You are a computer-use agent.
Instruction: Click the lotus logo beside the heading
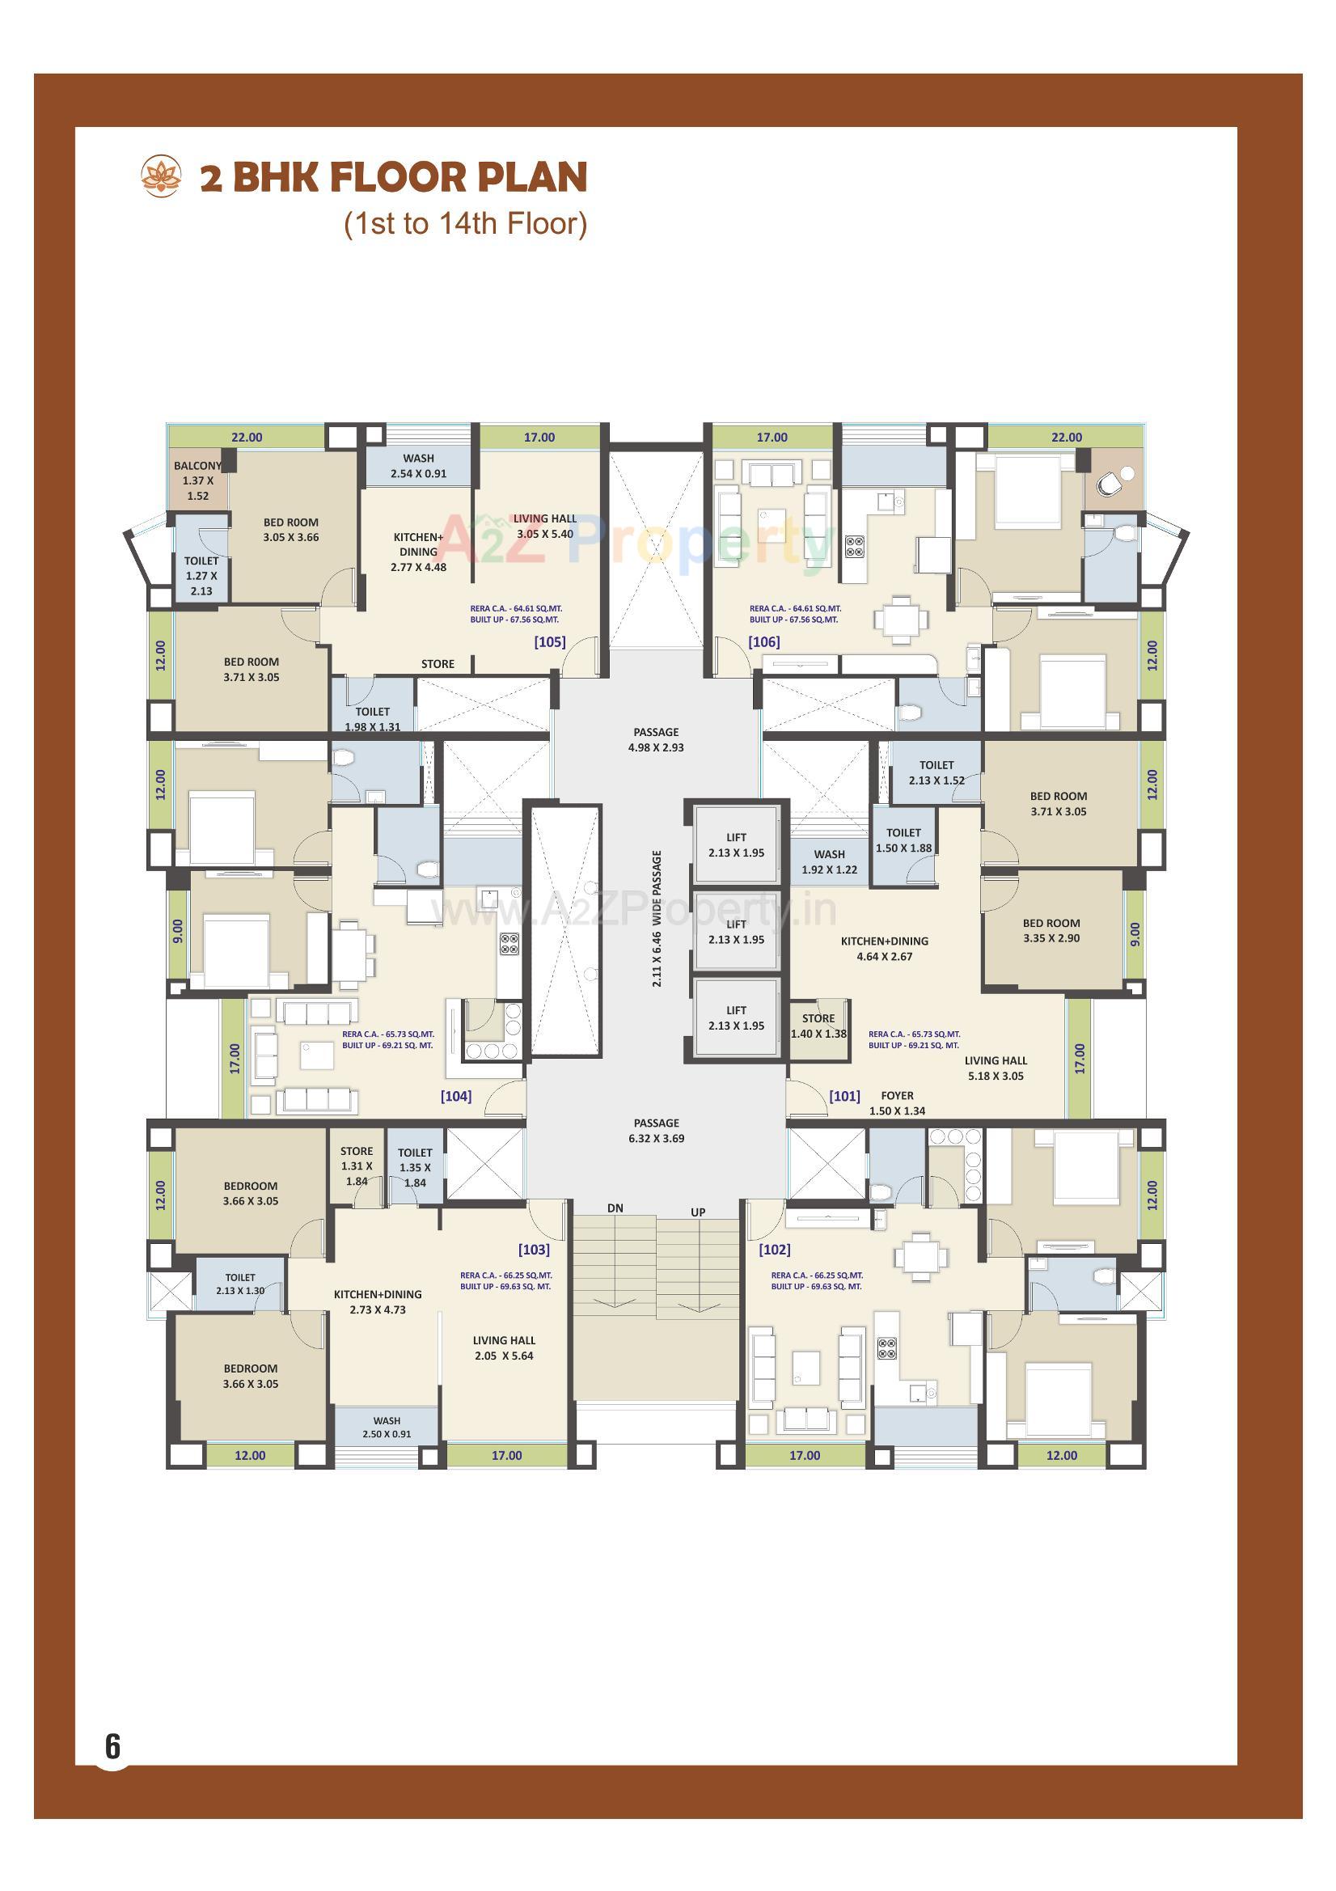click(161, 176)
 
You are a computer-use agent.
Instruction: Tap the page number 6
click(112, 1747)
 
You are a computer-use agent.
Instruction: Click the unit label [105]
click(549, 641)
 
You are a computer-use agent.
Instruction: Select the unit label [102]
click(774, 1250)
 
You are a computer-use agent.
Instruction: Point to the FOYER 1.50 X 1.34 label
click(897, 1102)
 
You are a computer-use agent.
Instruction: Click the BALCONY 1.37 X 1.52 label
click(197, 481)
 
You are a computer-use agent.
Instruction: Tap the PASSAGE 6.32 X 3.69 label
click(657, 1130)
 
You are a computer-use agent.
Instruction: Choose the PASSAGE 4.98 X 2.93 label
click(657, 739)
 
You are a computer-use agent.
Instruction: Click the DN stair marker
click(615, 1208)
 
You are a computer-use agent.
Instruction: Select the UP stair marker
click(698, 1212)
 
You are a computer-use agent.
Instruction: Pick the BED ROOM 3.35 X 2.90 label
click(1051, 931)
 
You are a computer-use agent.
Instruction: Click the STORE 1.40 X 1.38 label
click(818, 1026)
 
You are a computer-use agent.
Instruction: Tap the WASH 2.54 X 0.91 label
click(418, 465)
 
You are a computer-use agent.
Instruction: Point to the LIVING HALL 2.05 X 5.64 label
click(504, 1347)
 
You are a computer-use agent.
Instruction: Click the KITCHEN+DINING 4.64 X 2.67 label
click(884, 949)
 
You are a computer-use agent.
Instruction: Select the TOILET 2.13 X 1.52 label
click(936, 772)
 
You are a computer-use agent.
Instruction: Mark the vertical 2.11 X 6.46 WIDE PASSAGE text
click(657, 918)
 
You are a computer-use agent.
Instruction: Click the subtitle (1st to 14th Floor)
click(465, 224)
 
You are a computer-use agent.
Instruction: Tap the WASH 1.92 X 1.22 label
click(830, 861)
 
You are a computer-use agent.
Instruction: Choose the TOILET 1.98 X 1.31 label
click(372, 719)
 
